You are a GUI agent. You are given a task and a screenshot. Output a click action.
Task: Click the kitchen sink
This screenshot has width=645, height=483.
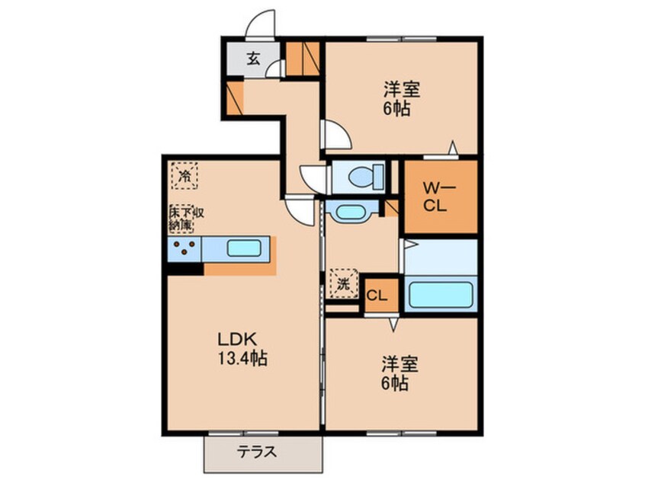(244, 248)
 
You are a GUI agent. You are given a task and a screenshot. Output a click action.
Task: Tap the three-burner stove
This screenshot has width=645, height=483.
(184, 248)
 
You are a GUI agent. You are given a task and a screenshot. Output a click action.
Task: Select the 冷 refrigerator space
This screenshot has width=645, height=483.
(184, 175)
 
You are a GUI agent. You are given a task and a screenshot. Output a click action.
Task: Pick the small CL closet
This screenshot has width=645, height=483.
(379, 296)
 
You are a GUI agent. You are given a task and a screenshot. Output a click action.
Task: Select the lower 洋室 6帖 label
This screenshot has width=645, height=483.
(396, 373)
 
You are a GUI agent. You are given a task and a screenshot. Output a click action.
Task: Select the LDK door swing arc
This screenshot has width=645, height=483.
(302, 210)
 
